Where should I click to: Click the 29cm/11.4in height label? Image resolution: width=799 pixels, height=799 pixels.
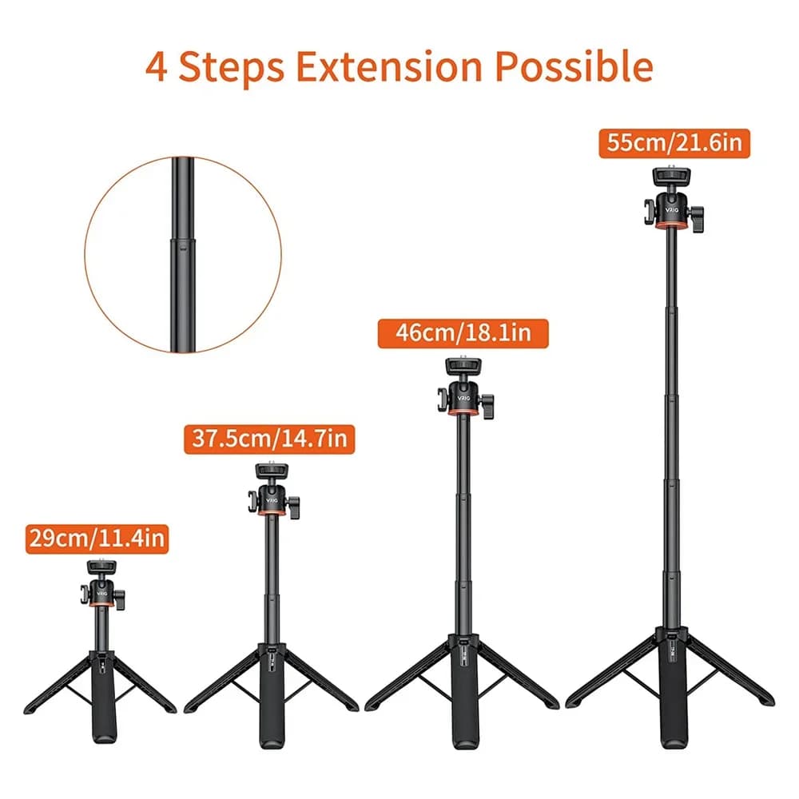click(97, 539)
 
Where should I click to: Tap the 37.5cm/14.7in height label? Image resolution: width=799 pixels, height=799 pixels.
click(269, 439)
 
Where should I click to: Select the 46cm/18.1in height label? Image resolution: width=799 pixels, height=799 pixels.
click(463, 333)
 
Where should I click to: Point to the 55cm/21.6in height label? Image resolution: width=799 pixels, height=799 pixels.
click(674, 143)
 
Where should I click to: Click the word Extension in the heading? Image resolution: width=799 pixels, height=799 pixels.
click(389, 67)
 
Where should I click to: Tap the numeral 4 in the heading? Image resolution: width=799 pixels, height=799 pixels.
click(156, 67)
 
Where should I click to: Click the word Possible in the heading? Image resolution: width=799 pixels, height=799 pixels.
click(574, 67)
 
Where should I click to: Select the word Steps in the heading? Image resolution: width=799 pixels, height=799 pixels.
click(232, 67)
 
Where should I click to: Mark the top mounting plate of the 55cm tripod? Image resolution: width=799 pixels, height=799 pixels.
click(672, 177)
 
